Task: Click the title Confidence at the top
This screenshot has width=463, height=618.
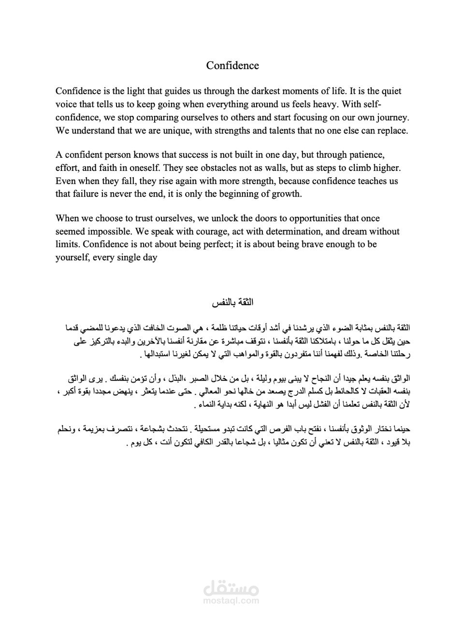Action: click(x=232, y=66)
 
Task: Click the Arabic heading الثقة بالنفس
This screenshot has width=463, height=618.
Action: click(x=232, y=303)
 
